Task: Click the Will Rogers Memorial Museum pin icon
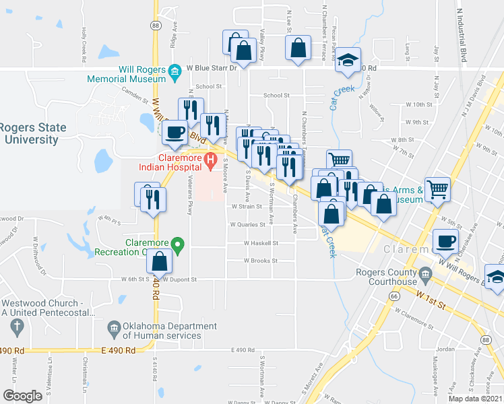[x=175, y=71]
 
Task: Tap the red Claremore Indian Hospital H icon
[x=210, y=161]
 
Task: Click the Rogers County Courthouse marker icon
[x=425, y=273]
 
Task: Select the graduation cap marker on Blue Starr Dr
[x=348, y=61]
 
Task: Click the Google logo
[x=22, y=395]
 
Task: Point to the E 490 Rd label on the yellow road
[x=119, y=350]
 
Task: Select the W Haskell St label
[x=261, y=243]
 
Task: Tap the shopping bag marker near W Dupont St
[x=160, y=261]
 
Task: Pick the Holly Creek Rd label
[x=85, y=44]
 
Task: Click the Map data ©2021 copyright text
[x=474, y=398]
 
